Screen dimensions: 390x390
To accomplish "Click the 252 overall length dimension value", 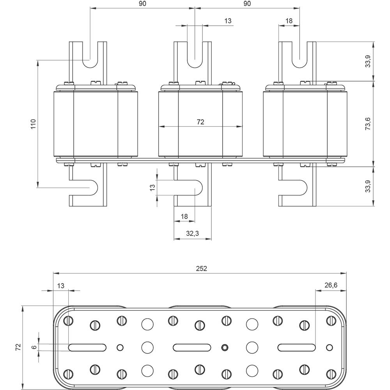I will coord(202,268).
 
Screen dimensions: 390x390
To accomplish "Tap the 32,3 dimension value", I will coord(192,234).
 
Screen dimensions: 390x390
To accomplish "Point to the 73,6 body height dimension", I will coord(367,124).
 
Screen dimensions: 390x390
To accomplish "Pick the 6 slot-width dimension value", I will coord(34,347).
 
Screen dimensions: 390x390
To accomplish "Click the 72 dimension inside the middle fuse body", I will coord(200,122).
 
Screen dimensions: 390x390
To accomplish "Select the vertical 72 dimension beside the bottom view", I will coord(18,347).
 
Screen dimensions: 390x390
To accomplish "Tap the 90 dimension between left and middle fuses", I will coord(142,4).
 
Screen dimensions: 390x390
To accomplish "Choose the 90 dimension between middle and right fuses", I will coord(247,4).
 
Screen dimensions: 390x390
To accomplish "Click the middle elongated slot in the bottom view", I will coord(192,347).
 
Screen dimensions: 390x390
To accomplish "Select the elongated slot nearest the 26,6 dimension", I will coord(296,347).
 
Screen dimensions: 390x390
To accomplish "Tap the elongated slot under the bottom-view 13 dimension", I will coord(87,347).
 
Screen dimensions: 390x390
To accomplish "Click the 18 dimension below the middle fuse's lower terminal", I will coord(184,216).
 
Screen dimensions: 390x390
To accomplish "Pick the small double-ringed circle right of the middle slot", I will coord(224,347).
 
